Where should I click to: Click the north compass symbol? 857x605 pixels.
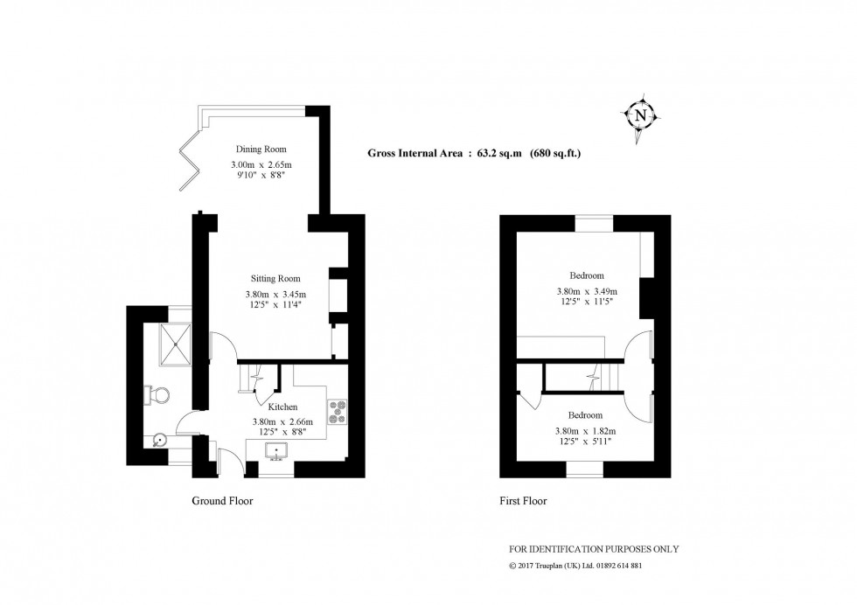[642, 115]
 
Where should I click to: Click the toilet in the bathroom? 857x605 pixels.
[158, 396]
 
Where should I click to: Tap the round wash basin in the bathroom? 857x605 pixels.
[159, 441]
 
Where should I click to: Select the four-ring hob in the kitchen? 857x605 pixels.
[337, 410]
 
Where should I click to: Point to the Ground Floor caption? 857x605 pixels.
[222, 502]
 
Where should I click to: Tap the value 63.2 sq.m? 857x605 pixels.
[499, 154]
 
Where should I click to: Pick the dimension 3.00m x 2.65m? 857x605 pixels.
[261, 164]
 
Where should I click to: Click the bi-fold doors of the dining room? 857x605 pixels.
[190, 159]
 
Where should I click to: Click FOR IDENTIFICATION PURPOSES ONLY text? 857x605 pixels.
[594, 549]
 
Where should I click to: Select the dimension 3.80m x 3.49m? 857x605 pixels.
[587, 291]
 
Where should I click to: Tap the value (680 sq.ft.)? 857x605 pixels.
[556, 154]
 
